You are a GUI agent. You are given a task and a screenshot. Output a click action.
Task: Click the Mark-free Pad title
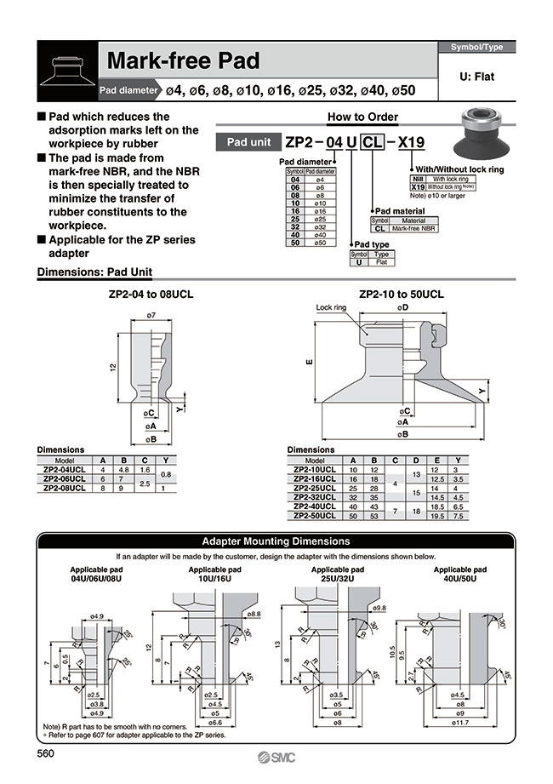tap(183, 61)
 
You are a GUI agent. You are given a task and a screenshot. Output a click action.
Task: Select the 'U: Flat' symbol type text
tap(476, 77)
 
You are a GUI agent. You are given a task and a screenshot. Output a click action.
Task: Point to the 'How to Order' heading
tap(362, 117)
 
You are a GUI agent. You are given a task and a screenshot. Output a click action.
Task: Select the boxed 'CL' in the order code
tap(373, 142)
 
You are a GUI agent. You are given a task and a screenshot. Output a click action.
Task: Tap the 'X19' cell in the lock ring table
tap(418, 186)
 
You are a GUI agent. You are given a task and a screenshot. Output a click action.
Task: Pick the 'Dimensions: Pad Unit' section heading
tap(94, 272)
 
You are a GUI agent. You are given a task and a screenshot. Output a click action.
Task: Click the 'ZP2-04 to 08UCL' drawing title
tap(151, 295)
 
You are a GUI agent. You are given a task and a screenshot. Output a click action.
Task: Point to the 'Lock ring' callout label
tap(332, 307)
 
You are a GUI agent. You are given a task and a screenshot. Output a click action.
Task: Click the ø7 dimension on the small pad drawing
tap(151, 316)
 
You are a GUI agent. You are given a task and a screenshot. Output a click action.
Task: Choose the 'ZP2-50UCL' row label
tap(316, 515)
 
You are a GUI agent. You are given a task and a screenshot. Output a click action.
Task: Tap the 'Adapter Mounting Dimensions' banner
tap(276, 541)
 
